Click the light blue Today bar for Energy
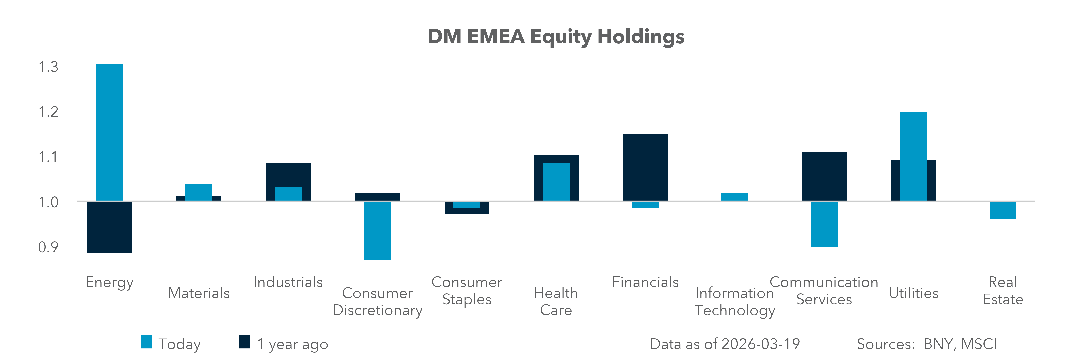(x=109, y=132)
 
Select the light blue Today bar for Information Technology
(x=735, y=197)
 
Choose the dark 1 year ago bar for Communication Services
(x=824, y=176)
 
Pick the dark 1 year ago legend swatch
(x=244, y=342)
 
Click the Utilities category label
(x=914, y=293)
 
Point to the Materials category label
(x=199, y=293)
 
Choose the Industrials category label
(x=288, y=282)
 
